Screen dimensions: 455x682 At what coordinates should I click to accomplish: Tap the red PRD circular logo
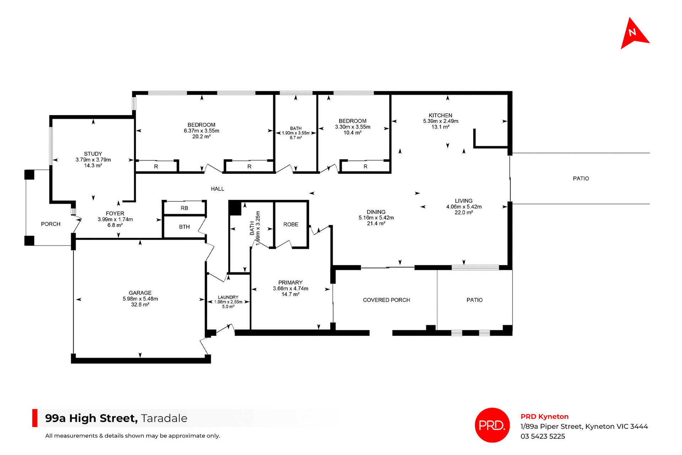click(492, 425)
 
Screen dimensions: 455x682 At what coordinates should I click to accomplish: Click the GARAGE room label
click(140, 293)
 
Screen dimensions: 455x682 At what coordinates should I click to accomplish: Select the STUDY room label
click(93, 154)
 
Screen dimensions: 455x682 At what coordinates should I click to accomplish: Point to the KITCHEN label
click(440, 115)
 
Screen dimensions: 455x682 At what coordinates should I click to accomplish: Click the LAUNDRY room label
click(228, 297)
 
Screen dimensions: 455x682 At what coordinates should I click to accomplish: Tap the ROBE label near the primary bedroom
click(291, 224)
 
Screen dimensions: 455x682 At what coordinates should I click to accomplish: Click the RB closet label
click(184, 208)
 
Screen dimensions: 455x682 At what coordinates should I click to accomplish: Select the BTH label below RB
click(184, 227)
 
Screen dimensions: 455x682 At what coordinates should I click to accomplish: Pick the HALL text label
click(217, 189)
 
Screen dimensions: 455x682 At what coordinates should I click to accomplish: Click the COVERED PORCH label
click(386, 300)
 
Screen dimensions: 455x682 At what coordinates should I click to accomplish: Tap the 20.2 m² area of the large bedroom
click(201, 137)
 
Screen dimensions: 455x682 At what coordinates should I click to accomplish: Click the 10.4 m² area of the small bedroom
click(352, 133)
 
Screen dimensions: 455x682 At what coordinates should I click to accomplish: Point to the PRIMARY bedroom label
click(290, 283)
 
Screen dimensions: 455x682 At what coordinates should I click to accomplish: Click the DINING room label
click(376, 212)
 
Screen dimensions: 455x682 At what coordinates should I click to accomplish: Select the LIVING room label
click(464, 201)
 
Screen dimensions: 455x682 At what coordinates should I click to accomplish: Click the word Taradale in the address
click(164, 418)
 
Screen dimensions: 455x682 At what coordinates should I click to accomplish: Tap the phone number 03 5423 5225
click(542, 436)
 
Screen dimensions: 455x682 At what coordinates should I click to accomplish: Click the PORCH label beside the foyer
click(50, 224)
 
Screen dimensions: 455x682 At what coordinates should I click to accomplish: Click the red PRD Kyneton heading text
click(544, 417)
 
